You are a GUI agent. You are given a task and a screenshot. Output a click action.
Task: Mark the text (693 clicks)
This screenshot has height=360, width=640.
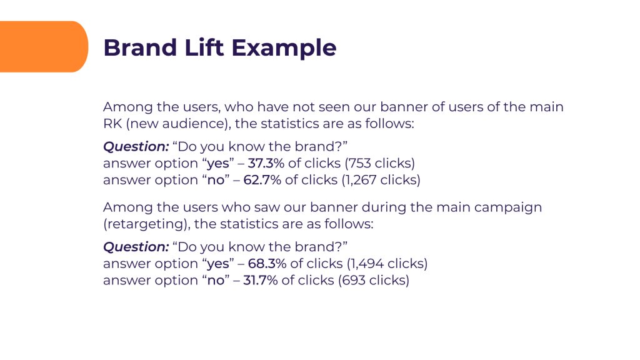pyautogui.click(x=374, y=281)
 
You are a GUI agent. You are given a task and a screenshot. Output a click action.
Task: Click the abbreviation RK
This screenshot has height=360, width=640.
pyautogui.click(x=112, y=123)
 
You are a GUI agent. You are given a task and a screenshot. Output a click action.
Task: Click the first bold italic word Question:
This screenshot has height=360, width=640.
pyautogui.click(x=136, y=147)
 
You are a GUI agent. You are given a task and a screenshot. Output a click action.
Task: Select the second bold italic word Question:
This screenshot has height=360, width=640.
pyautogui.click(x=136, y=247)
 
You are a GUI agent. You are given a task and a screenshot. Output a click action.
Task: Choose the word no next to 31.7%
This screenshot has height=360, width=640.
pyautogui.click(x=216, y=281)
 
